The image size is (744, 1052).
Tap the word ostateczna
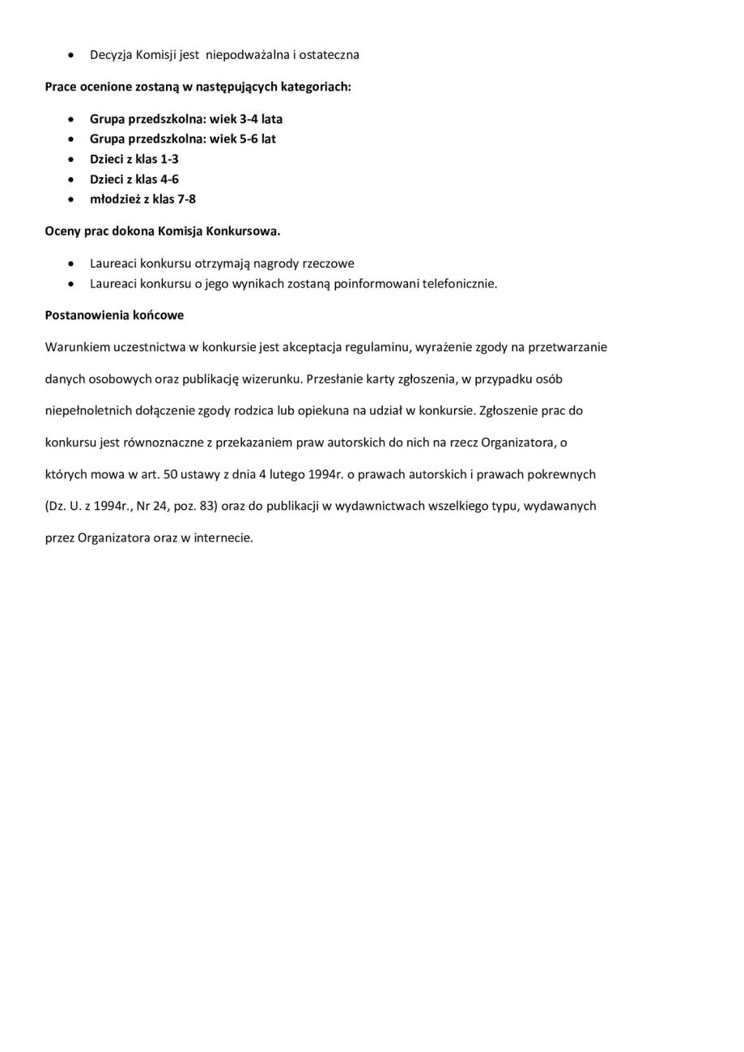coord(329,55)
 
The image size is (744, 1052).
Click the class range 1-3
coord(168,159)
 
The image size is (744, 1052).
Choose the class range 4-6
coord(168,180)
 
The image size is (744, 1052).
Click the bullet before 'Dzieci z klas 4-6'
coord(73,180)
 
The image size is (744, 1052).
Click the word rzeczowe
coord(329,264)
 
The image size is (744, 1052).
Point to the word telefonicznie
coord(460,284)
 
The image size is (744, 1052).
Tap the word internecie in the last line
coord(223,537)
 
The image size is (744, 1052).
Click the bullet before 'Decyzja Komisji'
coord(73,55)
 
